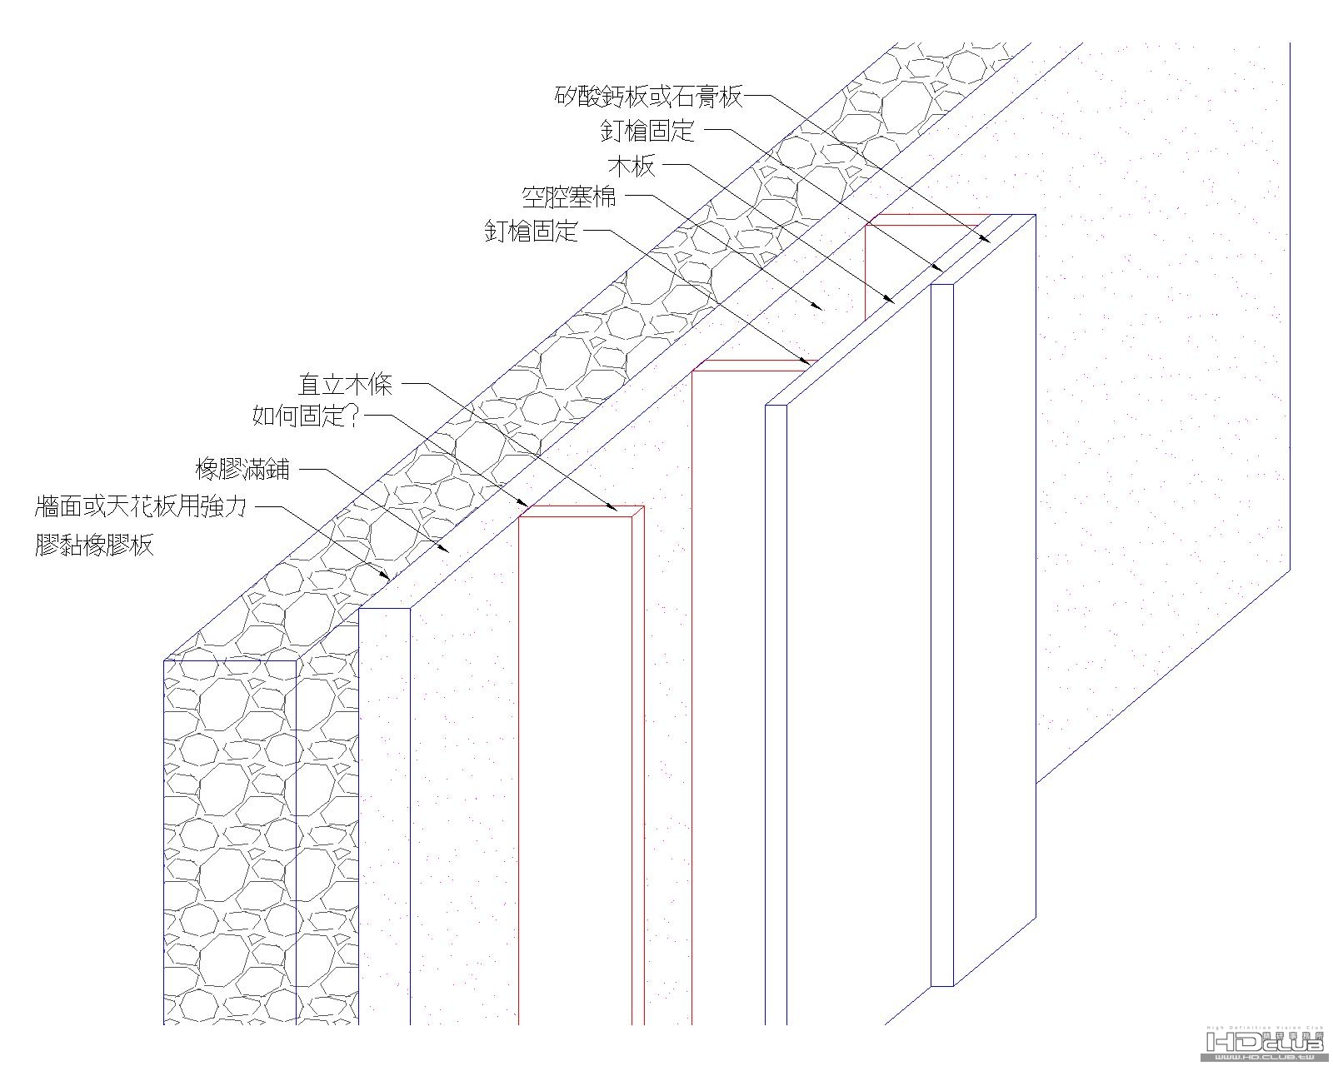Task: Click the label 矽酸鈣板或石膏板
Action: (648, 95)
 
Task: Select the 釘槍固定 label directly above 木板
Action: (647, 131)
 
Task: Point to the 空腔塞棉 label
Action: (569, 197)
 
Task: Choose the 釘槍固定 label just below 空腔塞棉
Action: (531, 231)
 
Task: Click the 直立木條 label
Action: (345, 385)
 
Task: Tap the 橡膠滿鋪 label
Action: (242, 469)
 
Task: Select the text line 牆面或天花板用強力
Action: (142, 506)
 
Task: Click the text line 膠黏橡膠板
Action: (95, 545)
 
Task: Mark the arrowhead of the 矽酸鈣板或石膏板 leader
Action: (987, 240)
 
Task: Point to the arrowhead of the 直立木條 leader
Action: (612, 507)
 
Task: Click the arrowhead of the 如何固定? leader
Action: (525, 504)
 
